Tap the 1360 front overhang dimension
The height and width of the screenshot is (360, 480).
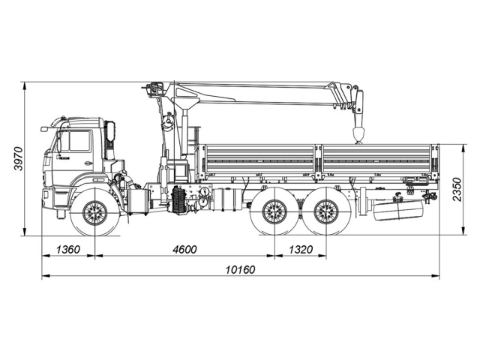(68, 249)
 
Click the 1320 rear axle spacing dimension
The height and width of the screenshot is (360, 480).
(300, 249)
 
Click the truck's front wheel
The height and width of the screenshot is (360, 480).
(95, 212)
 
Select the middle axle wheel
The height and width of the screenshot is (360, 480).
(274, 212)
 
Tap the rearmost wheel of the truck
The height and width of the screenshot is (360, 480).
(326, 212)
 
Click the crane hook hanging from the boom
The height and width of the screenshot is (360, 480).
(358, 136)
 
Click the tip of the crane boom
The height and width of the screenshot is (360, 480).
(358, 100)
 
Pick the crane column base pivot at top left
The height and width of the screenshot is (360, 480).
(155, 89)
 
